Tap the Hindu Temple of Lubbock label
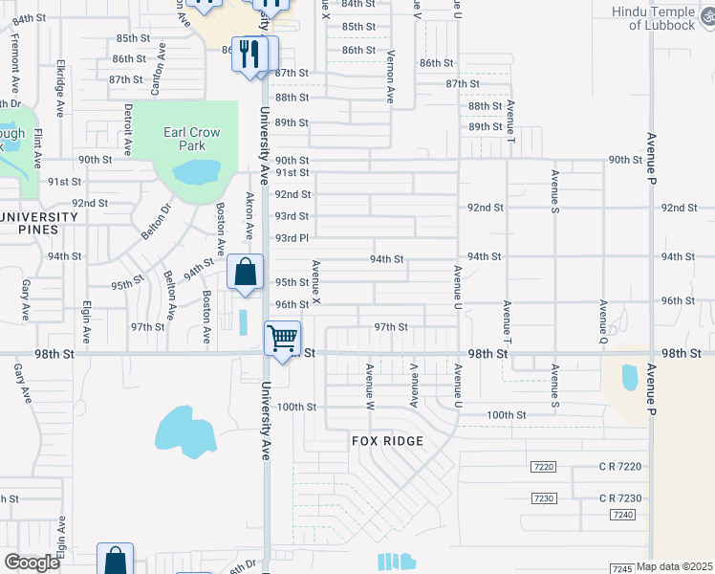[x=661, y=18]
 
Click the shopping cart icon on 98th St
[x=283, y=339]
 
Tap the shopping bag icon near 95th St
[x=246, y=272]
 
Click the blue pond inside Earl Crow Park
[x=195, y=172]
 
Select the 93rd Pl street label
[x=292, y=237]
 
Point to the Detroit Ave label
[x=126, y=130]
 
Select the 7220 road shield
[x=542, y=466]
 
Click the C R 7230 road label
[x=620, y=498]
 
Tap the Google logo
[x=32, y=563]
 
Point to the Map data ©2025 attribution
[x=675, y=566]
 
